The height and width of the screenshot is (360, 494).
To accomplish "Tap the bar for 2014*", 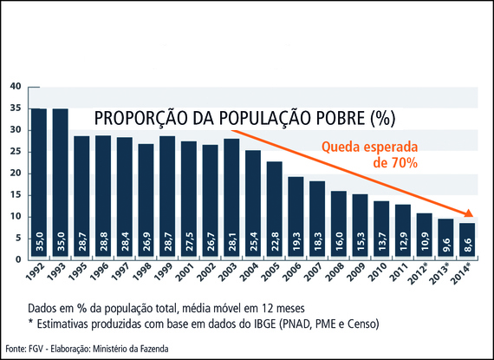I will click(465, 241).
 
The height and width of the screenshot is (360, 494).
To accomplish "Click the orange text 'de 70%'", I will click(396, 162).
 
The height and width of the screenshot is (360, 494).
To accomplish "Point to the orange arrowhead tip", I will click(474, 217).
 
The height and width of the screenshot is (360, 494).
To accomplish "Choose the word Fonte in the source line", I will click(15, 349).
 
